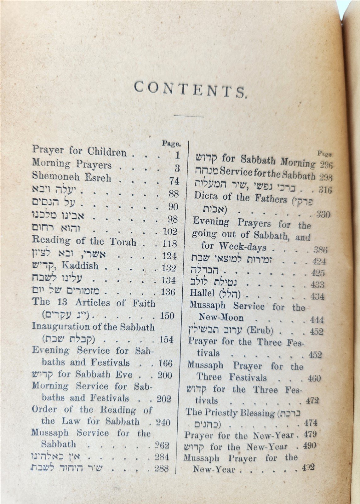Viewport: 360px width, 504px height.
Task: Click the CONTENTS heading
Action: pos(190,90)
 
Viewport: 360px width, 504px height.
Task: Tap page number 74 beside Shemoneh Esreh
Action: pos(174,181)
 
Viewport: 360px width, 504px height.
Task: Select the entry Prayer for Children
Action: pos(79,151)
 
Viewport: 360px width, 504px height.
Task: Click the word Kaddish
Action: pos(80,266)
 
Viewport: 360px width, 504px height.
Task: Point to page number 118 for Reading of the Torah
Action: pos(170,243)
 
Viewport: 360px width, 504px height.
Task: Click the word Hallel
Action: pos(202,293)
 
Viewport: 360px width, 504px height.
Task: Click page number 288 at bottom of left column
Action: pos(162,468)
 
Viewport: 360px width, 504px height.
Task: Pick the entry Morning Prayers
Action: pos(72,164)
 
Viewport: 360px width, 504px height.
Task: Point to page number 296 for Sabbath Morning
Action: pos(326,165)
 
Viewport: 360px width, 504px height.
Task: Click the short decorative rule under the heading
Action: pos(184,117)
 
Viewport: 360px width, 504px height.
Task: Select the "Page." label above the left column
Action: pos(171,144)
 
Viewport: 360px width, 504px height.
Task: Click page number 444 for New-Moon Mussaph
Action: pos(317,320)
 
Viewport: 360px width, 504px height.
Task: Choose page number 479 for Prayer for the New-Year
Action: pos(310,434)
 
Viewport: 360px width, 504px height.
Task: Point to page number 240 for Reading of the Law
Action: pos(163,422)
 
